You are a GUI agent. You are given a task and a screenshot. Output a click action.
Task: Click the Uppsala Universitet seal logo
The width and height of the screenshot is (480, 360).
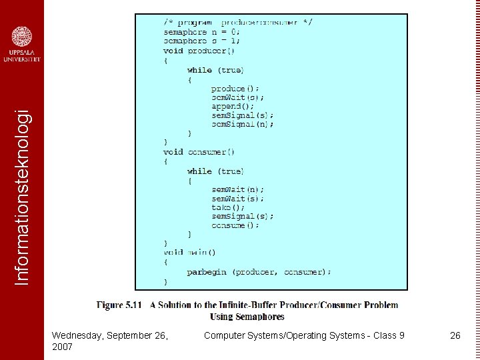(21, 37)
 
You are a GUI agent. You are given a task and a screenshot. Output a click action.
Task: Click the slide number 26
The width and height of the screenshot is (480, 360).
(455, 335)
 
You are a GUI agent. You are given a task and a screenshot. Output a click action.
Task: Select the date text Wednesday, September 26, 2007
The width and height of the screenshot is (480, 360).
(110, 341)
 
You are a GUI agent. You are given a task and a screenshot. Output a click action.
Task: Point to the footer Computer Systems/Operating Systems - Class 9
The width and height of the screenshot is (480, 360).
(304, 335)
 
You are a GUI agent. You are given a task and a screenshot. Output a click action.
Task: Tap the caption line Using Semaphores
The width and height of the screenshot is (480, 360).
(247, 317)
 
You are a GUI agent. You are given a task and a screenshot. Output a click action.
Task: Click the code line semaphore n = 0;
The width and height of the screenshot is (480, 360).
(201, 31)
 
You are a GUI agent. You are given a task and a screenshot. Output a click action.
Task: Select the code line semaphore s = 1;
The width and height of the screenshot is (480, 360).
(201, 41)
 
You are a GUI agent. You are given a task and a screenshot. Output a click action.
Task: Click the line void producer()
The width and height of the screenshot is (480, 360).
(199, 51)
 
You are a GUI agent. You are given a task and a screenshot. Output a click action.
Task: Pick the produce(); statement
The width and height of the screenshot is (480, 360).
(235, 89)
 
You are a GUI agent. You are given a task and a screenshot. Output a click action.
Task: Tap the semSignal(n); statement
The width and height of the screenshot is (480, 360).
(243, 124)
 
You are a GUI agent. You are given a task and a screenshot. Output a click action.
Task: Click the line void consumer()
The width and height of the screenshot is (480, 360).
(199, 152)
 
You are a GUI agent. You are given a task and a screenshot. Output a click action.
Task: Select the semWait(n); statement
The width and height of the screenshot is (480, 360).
(237, 189)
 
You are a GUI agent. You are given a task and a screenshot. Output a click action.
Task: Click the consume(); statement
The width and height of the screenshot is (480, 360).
(235, 225)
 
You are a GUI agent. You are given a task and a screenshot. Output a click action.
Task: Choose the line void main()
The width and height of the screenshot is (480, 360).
(189, 253)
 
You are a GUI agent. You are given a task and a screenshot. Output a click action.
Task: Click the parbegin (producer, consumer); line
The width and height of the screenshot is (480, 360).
(259, 272)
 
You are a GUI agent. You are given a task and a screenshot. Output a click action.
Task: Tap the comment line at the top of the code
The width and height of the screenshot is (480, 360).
(238, 22)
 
